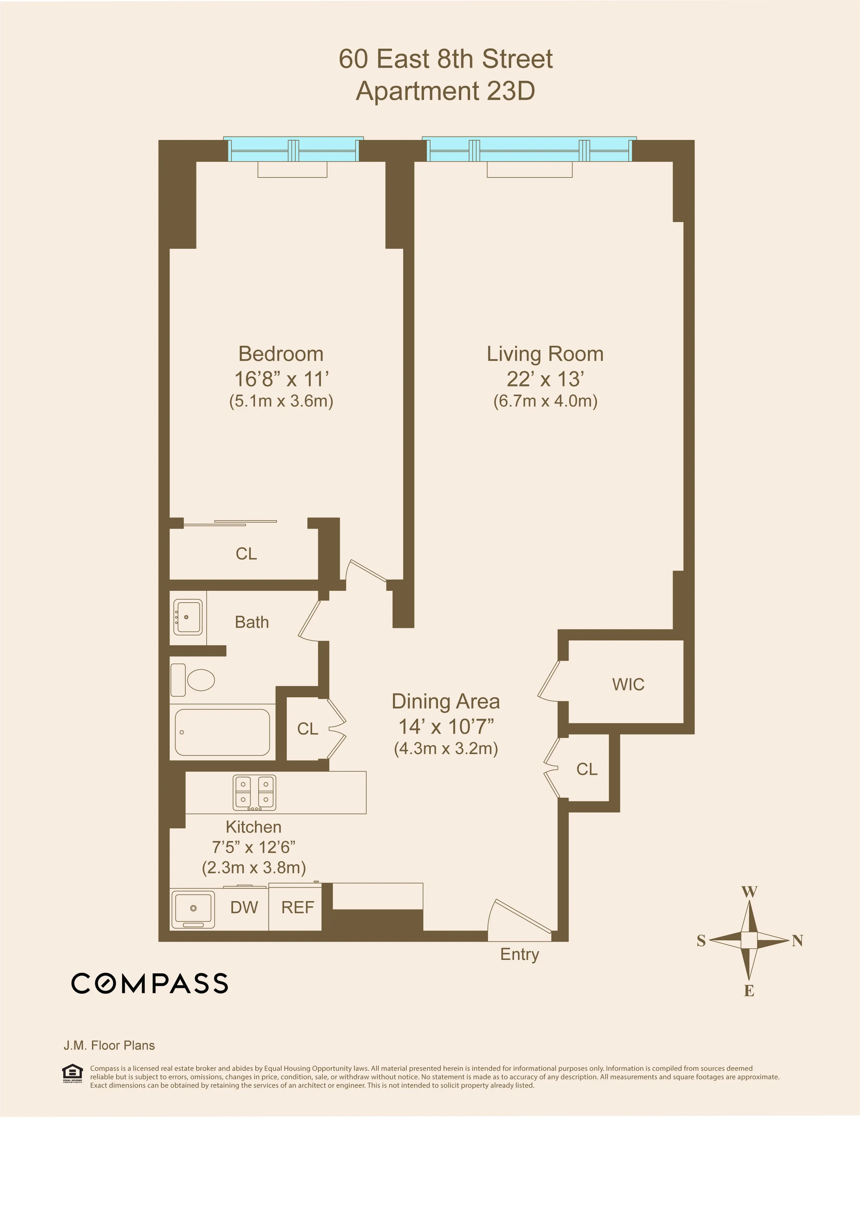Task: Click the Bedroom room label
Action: click(281, 354)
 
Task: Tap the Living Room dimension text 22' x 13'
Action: click(545, 379)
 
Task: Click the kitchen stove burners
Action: click(255, 792)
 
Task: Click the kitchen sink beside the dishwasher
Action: click(193, 909)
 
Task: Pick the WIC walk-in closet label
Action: click(628, 684)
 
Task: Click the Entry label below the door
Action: click(519, 954)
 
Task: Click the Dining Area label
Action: click(445, 702)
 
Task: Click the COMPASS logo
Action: click(150, 983)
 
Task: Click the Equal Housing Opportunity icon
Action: click(73, 1073)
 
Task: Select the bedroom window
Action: click(293, 150)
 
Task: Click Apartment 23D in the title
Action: click(445, 91)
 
